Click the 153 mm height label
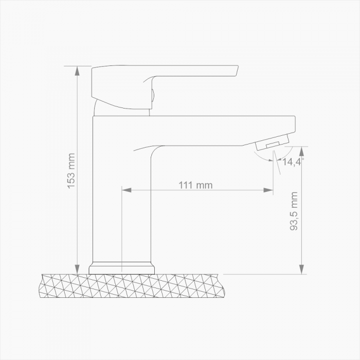71,170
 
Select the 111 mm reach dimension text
195,185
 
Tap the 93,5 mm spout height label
294,211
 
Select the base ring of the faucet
122,268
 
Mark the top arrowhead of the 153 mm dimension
77,71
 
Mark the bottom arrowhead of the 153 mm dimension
77,268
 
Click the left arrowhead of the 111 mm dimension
126,190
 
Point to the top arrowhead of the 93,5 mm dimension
302,151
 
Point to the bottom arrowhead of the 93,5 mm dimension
302,268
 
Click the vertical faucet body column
122,206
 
